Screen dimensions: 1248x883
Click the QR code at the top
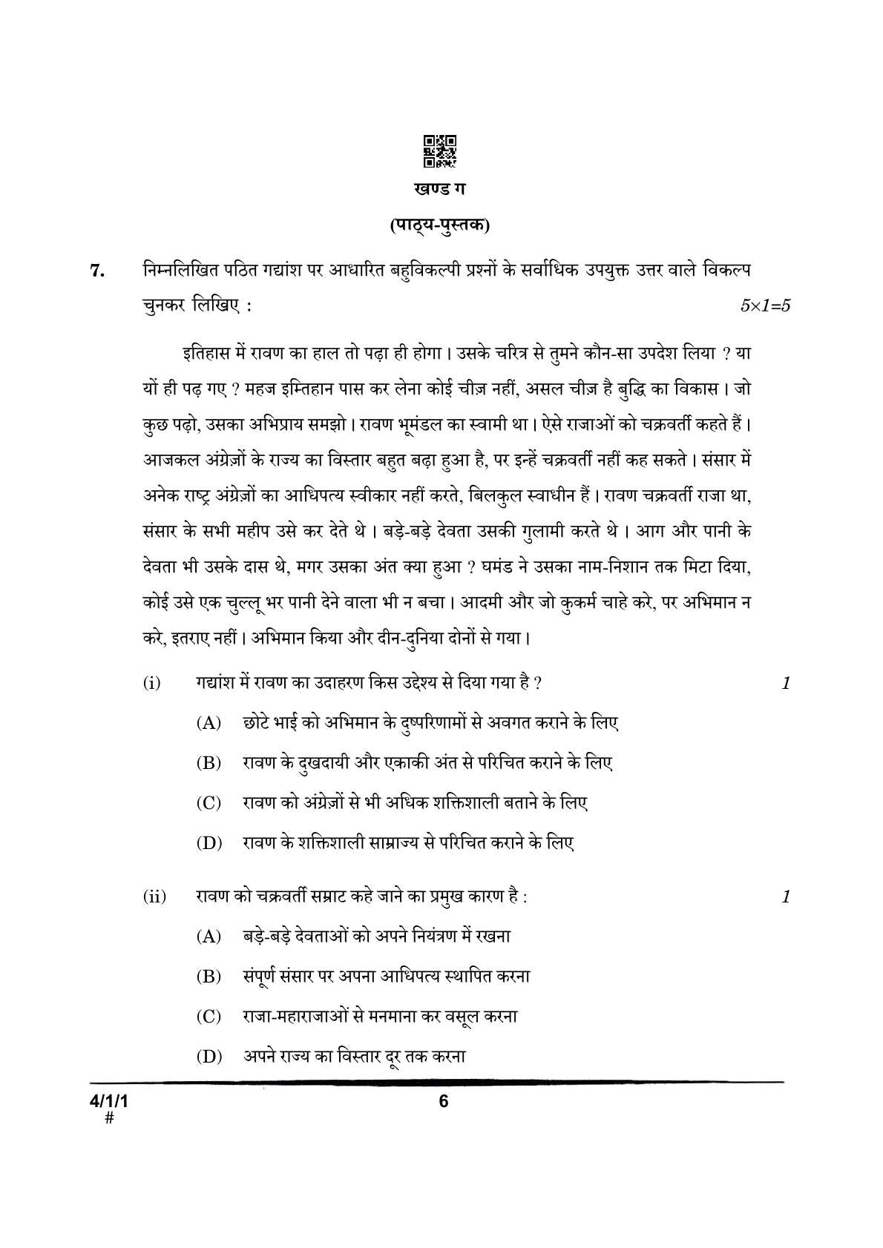click(x=440, y=151)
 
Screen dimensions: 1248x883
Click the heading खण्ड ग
click(x=440, y=189)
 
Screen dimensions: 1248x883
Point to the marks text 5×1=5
click(x=765, y=306)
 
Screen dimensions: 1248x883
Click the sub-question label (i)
click(x=151, y=684)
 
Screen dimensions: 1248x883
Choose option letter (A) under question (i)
click(x=209, y=723)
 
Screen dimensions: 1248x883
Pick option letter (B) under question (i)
click(x=209, y=763)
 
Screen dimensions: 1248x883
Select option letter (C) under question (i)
click(x=209, y=803)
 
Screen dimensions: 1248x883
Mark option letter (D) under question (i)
click(x=209, y=843)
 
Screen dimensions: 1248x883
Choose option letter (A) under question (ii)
click(x=209, y=937)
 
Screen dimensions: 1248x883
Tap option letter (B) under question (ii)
click(x=209, y=977)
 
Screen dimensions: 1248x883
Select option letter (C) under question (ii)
click(x=209, y=1017)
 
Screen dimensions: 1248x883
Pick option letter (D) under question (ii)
click(x=209, y=1057)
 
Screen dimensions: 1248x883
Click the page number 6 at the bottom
click(x=444, y=1101)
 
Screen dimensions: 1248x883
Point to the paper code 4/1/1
click(x=110, y=1101)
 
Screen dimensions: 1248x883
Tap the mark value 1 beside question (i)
click(x=786, y=684)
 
